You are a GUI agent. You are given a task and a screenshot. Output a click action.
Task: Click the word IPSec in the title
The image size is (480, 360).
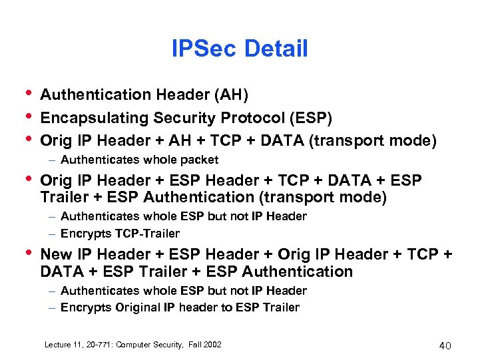[204, 49]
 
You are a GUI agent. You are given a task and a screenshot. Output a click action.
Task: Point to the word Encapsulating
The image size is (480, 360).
[94, 118]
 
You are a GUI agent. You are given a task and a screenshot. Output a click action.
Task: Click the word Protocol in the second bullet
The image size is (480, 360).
[254, 118]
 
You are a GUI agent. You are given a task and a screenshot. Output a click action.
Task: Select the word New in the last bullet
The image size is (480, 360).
[57, 254]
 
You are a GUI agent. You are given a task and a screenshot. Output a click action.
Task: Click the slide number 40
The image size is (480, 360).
[445, 345]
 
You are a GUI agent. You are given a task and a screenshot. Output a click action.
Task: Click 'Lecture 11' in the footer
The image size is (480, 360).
[62, 345]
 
